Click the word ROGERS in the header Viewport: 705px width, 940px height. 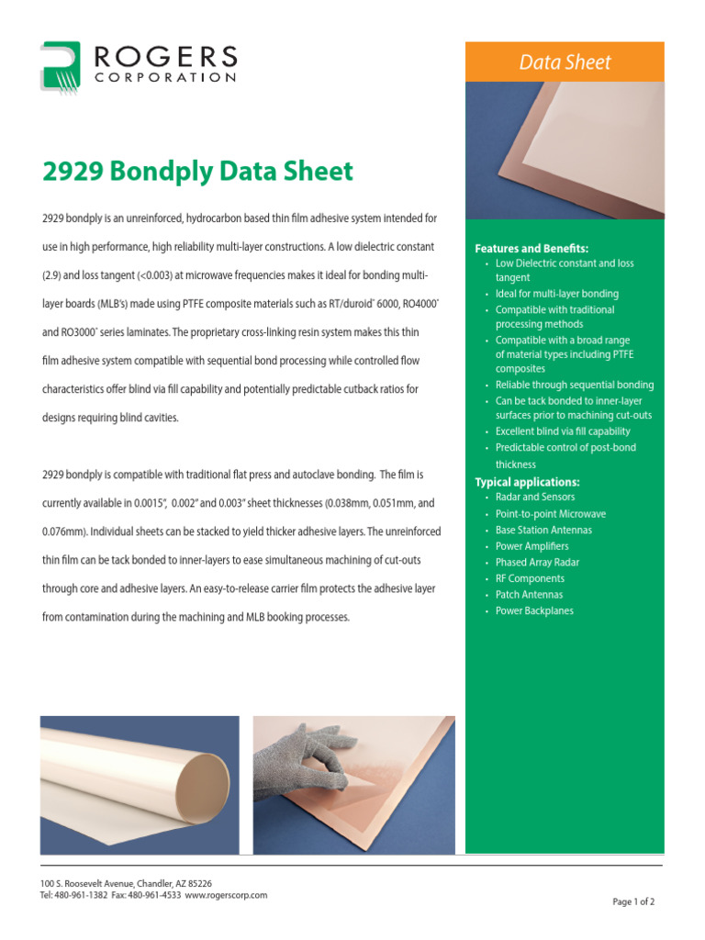point(165,57)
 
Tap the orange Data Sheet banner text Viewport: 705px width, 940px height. point(565,62)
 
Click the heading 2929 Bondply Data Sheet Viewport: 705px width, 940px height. point(197,172)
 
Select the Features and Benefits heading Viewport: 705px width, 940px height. point(532,249)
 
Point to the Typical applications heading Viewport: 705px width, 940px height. point(527,482)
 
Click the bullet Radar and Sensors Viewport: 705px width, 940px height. point(535,498)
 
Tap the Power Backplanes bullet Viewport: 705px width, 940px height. point(534,611)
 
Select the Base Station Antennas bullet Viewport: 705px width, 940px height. point(543,530)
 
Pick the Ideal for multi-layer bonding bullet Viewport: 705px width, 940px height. point(556,294)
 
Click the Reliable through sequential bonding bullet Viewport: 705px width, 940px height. point(575,385)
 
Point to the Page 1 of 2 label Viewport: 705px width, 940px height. point(633,902)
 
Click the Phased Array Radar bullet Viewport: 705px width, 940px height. point(537,562)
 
